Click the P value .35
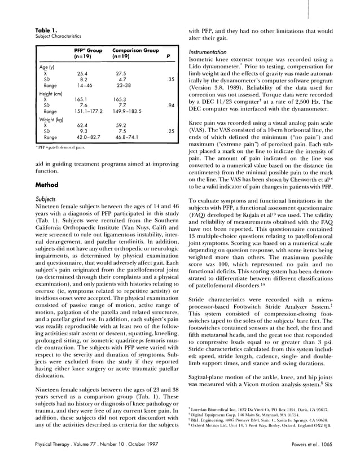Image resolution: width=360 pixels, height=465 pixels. point(169,80)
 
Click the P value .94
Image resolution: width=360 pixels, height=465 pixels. point(169,105)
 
